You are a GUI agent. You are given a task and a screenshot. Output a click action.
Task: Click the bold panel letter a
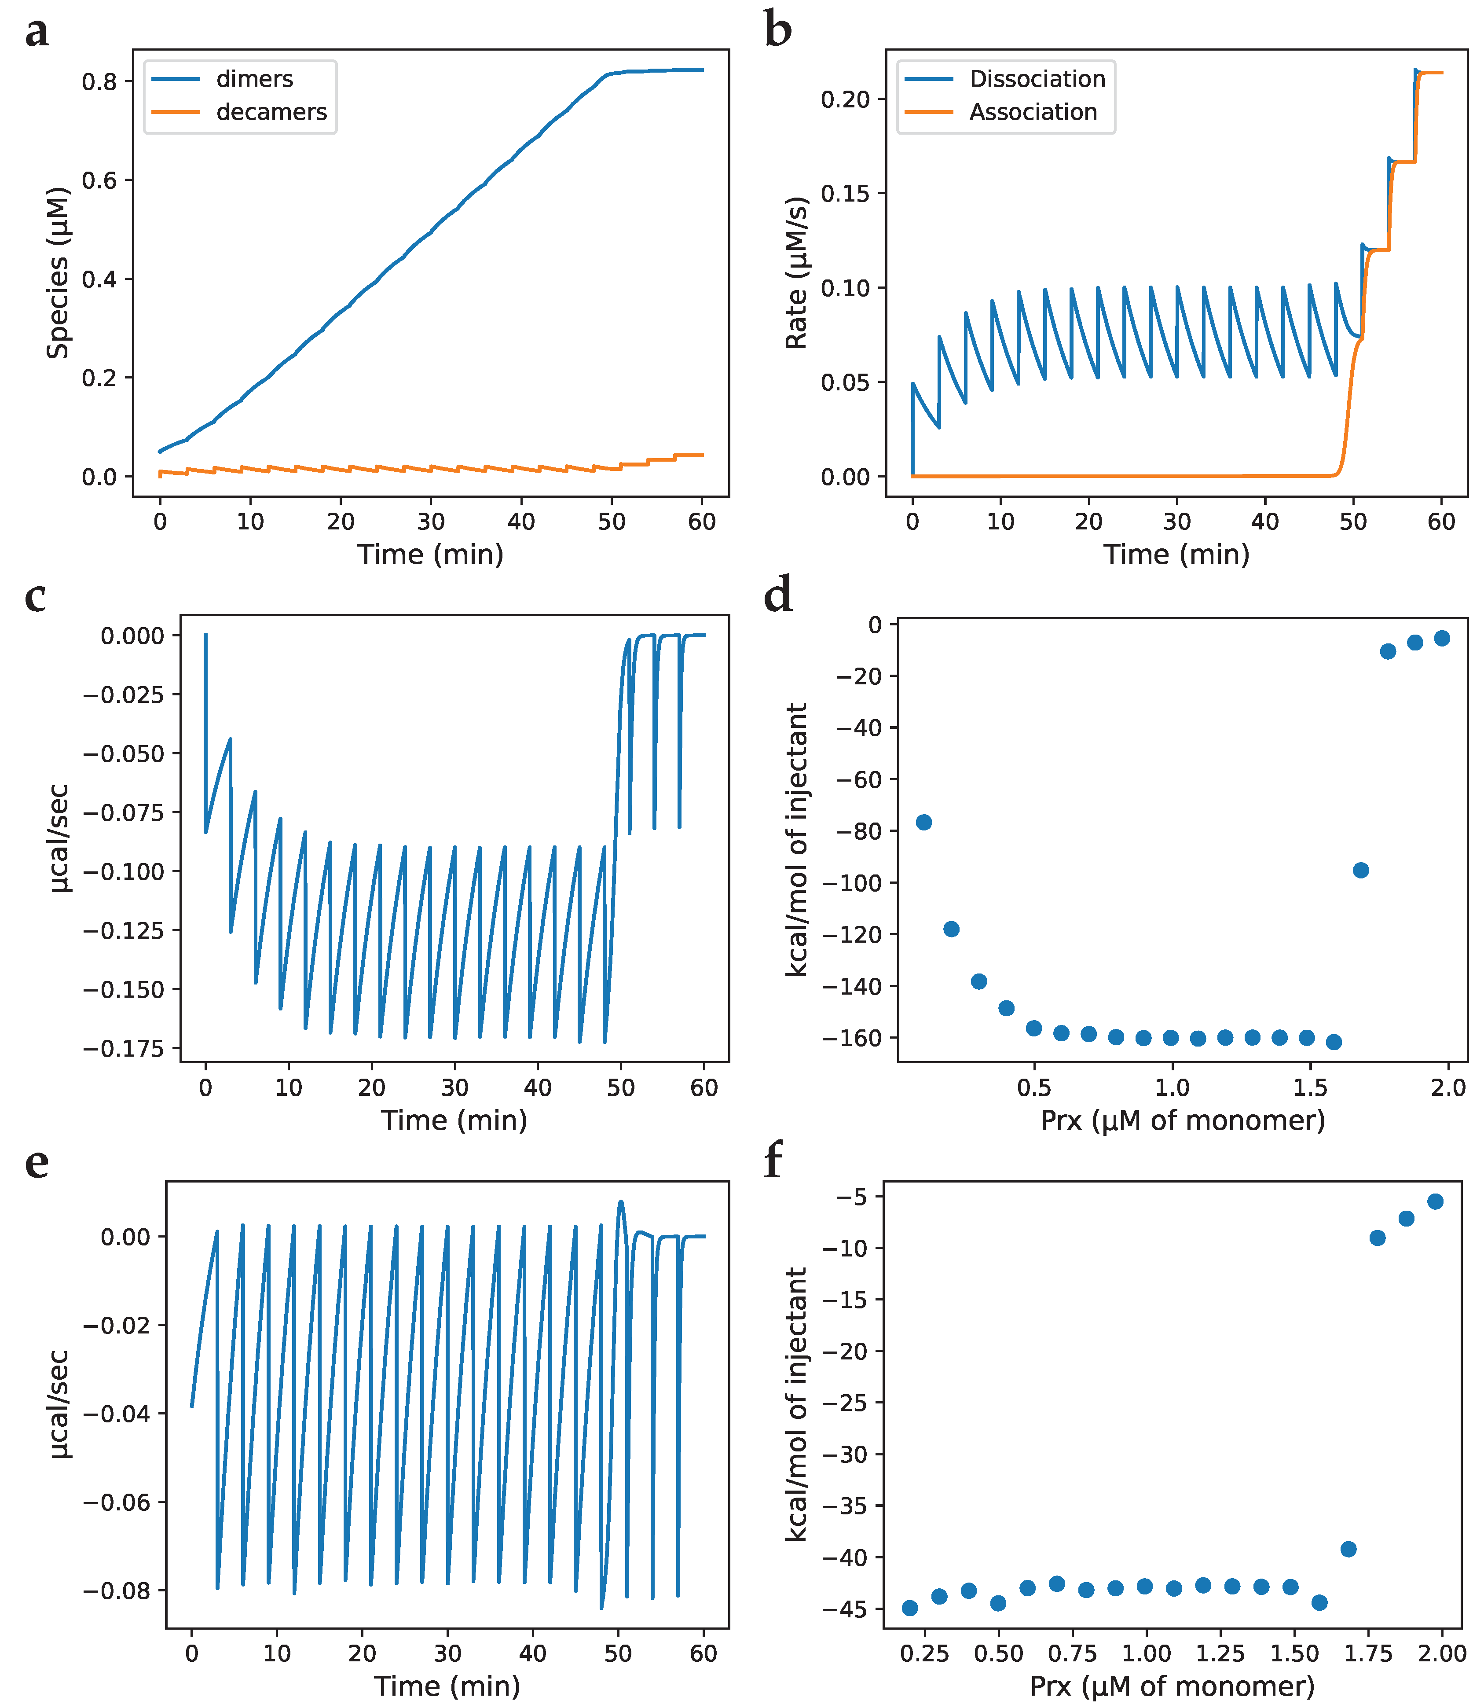[x=37, y=33]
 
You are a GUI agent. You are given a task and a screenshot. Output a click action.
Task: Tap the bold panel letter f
[x=773, y=1162]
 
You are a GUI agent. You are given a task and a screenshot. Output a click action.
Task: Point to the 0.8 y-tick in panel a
[x=99, y=81]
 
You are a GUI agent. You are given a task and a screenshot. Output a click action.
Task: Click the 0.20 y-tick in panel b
[x=846, y=99]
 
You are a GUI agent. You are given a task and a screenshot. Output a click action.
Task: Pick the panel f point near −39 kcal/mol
[x=1348, y=1549]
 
